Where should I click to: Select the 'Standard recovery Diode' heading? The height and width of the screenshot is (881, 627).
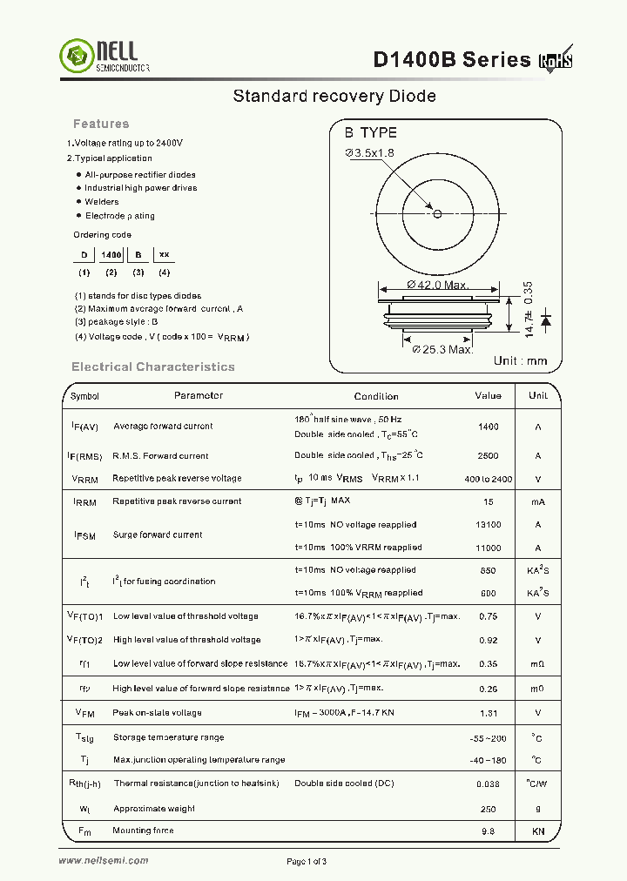[334, 96]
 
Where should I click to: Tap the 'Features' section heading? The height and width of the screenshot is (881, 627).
[101, 124]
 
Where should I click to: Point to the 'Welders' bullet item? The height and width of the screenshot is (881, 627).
[102, 202]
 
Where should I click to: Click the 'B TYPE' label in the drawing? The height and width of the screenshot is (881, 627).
[370, 132]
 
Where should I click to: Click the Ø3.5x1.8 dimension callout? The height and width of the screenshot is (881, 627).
[370, 153]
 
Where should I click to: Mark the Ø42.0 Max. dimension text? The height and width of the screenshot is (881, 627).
[438, 285]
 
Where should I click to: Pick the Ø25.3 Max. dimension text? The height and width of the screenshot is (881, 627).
[442, 349]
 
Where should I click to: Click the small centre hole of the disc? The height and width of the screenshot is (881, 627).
[437, 213]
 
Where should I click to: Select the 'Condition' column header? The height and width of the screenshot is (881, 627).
[376, 396]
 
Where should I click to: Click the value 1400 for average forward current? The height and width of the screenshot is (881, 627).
[489, 427]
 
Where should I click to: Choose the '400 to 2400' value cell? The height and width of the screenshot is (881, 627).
[489, 479]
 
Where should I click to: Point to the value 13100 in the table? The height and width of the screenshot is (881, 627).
[489, 525]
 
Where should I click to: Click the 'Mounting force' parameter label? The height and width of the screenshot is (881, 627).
[144, 831]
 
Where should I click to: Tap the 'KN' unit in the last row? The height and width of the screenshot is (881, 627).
[538, 831]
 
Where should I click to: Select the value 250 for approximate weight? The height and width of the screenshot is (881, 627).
[489, 809]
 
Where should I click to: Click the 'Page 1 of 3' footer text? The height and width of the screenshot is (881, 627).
[307, 862]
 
